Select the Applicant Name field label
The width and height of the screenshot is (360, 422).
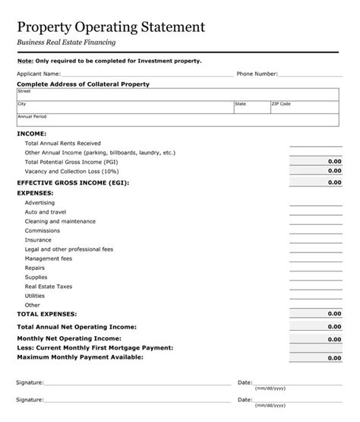click(39, 75)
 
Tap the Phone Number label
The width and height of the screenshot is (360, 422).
click(257, 75)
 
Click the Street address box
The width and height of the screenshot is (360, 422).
click(178, 94)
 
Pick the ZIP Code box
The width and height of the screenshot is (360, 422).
click(304, 106)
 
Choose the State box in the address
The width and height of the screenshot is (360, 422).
click(251, 106)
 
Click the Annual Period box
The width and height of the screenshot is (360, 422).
click(178, 120)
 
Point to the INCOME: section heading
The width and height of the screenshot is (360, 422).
click(31, 133)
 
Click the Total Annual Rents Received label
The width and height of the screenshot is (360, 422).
click(62, 143)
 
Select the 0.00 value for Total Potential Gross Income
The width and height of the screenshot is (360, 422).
click(333, 162)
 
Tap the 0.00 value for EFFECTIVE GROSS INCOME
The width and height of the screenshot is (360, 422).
click(333, 183)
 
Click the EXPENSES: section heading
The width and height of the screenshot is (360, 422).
click(35, 193)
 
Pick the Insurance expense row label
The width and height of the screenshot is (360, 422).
click(39, 240)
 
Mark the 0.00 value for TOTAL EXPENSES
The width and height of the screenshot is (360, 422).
click(333, 313)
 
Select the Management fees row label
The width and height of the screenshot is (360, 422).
click(49, 259)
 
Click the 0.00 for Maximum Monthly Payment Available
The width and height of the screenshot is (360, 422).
click(333, 357)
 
